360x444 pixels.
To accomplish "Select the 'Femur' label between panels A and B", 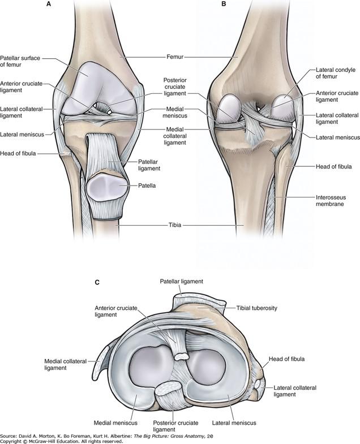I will [x=180, y=57].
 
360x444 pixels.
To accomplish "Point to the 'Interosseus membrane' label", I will [x=331, y=201].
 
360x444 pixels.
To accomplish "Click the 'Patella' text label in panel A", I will [x=148, y=184].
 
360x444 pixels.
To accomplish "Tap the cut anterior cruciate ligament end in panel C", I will [x=182, y=356].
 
